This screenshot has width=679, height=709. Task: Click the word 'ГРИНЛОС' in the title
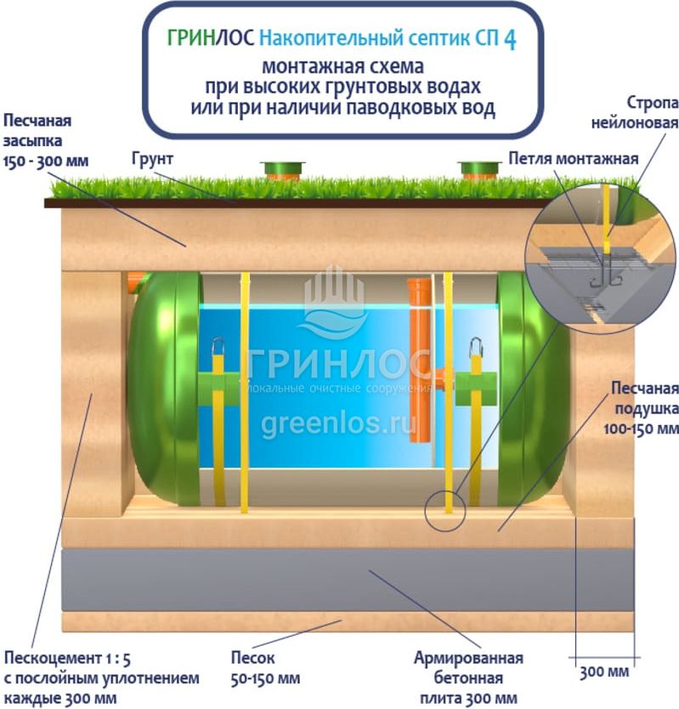point(210,39)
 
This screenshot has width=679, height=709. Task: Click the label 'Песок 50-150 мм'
point(265,668)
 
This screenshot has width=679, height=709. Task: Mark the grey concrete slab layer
point(348,580)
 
